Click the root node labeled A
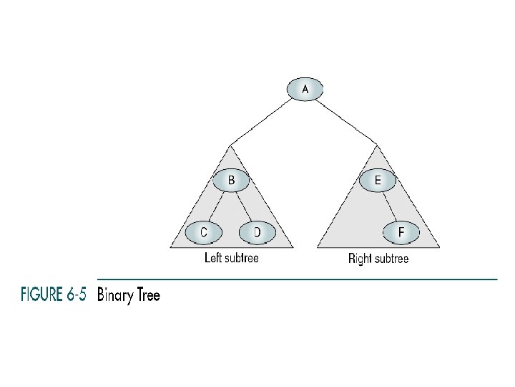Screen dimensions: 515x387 tap(305, 89)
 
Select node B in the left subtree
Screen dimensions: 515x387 tap(231, 180)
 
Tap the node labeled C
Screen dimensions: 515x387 tap(204, 232)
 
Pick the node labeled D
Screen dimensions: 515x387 tap(257, 232)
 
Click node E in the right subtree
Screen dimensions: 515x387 tap(378, 180)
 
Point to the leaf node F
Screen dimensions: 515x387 tap(401, 232)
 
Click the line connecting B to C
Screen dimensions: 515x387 tap(217, 206)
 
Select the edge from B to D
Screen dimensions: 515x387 tap(244, 206)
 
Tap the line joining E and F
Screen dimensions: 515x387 tap(390, 206)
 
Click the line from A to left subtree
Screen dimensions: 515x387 tap(261, 122)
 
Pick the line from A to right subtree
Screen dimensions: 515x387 tap(346, 122)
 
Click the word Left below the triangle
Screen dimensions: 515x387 tap(212, 257)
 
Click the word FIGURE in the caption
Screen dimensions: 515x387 tap(41, 294)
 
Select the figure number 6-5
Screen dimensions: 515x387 tap(77, 294)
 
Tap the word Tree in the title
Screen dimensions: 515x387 tap(149, 295)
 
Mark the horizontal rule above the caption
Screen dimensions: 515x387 tap(298, 279)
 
